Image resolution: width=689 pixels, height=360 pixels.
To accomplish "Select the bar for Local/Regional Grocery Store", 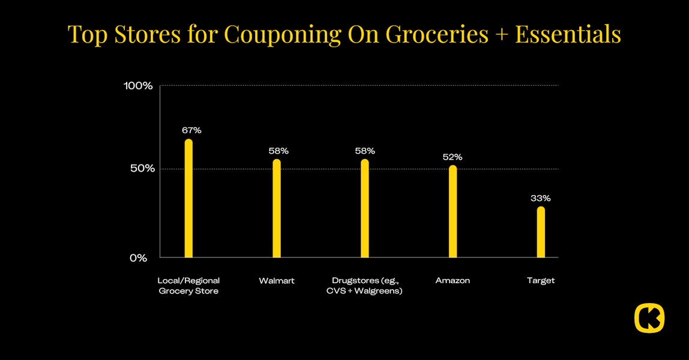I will point(188,199).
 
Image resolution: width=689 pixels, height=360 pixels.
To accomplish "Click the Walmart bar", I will point(277,209).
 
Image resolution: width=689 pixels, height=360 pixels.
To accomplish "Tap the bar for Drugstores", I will point(365,209).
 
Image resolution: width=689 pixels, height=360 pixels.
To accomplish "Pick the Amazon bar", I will point(453,212).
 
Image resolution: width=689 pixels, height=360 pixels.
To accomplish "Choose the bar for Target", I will point(541,232).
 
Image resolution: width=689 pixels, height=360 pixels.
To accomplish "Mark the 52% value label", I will point(453,157).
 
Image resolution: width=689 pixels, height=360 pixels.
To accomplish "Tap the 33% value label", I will point(540,198).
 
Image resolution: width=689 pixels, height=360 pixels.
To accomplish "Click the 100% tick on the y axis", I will point(139,86).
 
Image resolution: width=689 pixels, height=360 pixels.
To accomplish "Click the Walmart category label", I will point(277,281).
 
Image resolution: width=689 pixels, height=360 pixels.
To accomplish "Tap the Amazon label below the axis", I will point(453,281).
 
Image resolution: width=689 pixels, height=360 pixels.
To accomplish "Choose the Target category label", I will point(541,281).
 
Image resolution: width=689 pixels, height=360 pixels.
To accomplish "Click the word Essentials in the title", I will point(568,35).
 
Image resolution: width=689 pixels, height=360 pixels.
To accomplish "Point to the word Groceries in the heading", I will point(437,35).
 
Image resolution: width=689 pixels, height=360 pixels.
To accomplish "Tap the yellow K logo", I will point(649,318).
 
